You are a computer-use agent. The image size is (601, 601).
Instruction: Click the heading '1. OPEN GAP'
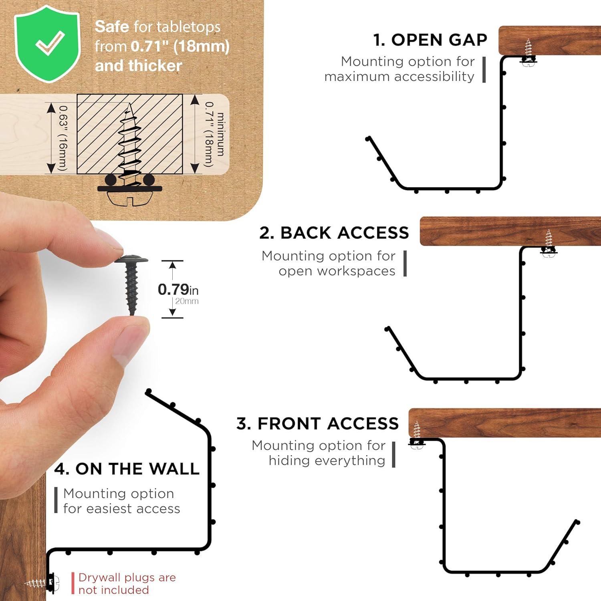[430, 40]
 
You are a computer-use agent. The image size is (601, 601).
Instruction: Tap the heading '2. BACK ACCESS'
[334, 233]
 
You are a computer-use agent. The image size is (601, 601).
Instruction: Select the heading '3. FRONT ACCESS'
[317, 424]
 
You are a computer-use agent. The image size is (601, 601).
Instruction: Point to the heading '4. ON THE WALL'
[127, 469]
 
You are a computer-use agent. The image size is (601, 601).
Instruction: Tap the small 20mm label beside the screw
[187, 301]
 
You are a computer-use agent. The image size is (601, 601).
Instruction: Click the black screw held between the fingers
[131, 284]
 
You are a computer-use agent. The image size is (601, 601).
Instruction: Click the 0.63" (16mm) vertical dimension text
[63, 138]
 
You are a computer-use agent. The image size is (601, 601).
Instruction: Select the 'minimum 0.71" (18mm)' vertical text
[215, 134]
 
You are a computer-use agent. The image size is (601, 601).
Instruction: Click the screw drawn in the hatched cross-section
[129, 144]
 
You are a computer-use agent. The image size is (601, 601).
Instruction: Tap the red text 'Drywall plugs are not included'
[127, 583]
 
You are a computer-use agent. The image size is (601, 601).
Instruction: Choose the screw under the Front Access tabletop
[417, 435]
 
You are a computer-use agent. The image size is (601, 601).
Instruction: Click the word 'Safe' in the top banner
[112, 27]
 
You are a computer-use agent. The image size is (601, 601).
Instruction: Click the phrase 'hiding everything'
[327, 460]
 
